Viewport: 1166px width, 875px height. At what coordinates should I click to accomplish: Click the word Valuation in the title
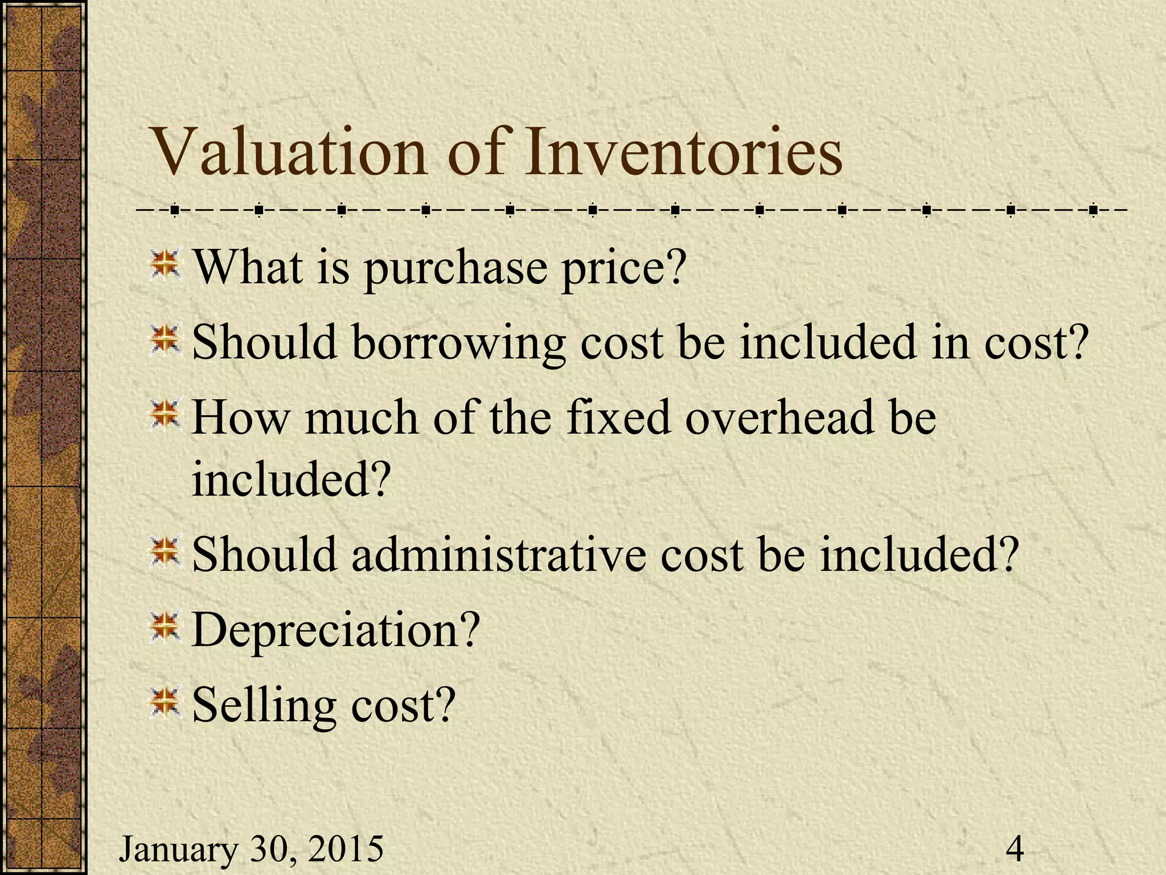tap(290, 152)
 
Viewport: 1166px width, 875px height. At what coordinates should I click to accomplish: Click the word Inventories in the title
tap(683, 152)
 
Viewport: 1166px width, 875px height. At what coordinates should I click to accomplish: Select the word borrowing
tap(458, 344)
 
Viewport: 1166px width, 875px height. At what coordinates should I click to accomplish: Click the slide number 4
tap(1015, 849)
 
